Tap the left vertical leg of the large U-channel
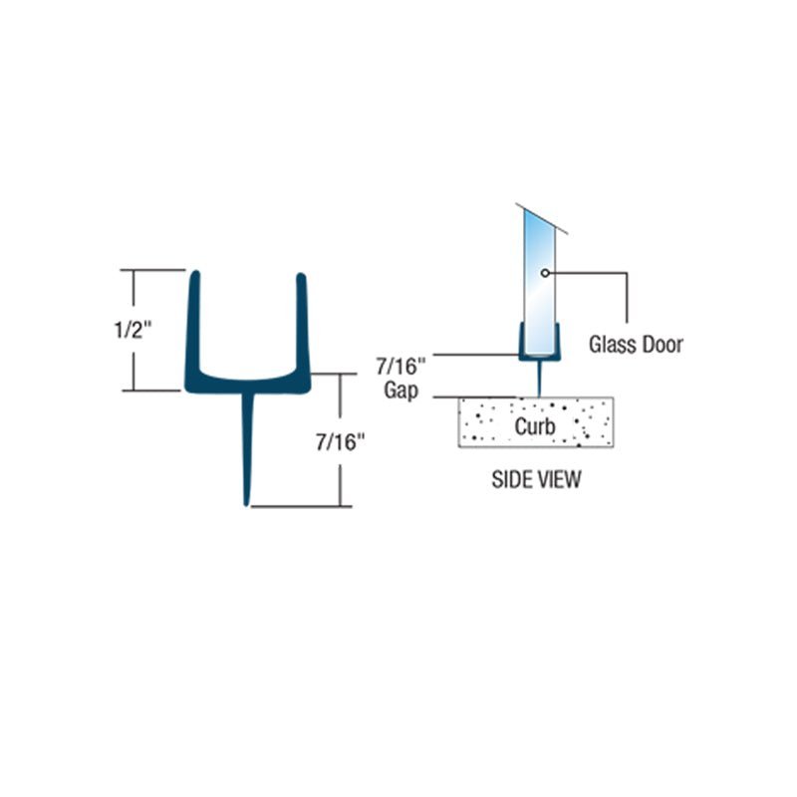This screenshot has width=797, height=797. [x=194, y=319]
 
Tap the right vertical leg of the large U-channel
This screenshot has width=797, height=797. [x=301, y=319]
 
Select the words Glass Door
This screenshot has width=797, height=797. [x=636, y=345]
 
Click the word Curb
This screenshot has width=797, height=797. [x=535, y=426]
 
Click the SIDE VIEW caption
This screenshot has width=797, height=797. [x=536, y=480]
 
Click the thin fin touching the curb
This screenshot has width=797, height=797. [x=538, y=380]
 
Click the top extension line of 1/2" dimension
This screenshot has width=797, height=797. [x=154, y=269]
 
